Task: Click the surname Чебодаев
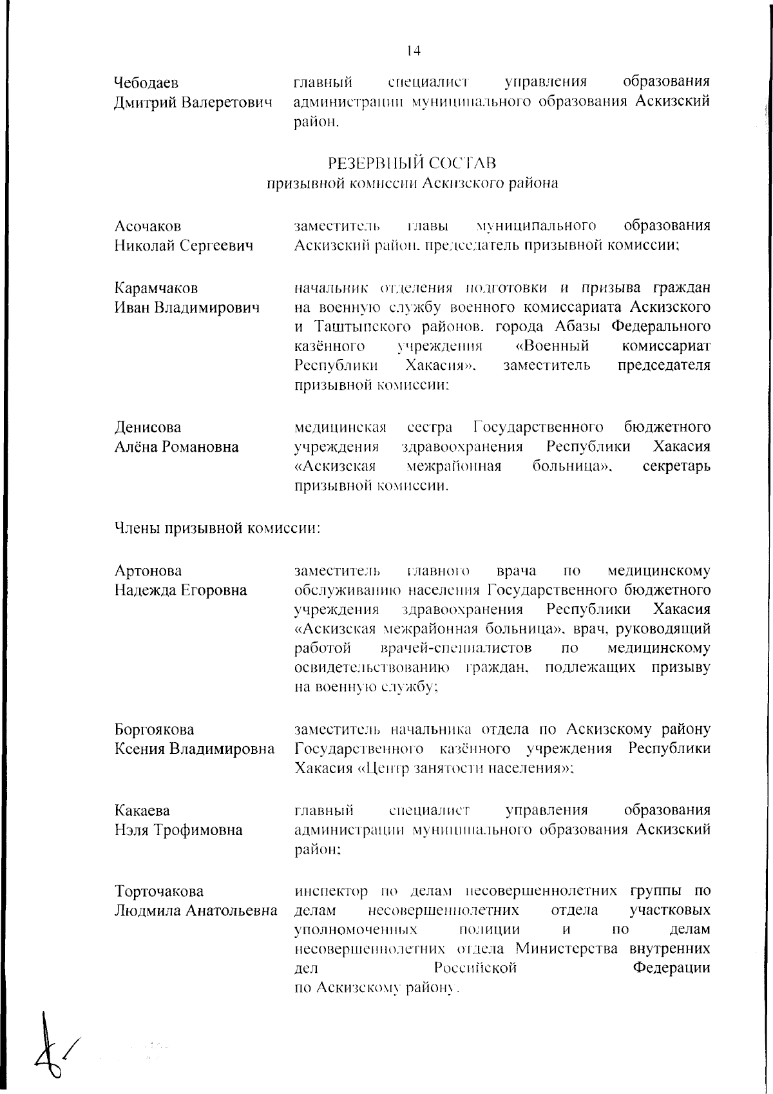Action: click(x=146, y=83)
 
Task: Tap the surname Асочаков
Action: click(x=148, y=226)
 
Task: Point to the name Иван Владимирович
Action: click(x=187, y=307)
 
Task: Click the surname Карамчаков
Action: click(x=156, y=288)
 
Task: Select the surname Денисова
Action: click(x=148, y=428)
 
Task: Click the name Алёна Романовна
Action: click(x=177, y=447)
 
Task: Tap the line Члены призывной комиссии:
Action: click(x=217, y=529)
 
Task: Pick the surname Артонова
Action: click(x=148, y=571)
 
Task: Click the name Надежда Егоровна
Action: click(x=180, y=590)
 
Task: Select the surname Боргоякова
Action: click(x=154, y=730)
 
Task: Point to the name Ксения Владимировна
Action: click(x=194, y=749)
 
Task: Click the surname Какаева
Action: click(x=142, y=811)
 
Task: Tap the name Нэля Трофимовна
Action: click(x=178, y=830)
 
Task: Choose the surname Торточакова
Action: click(x=158, y=892)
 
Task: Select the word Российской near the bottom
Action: click(x=475, y=968)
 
